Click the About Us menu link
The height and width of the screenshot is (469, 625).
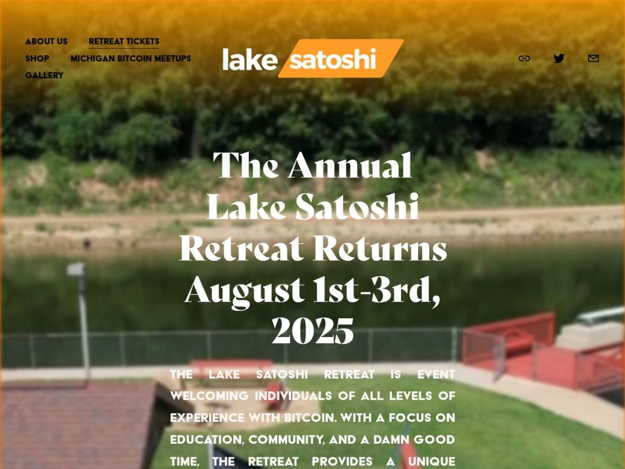46,42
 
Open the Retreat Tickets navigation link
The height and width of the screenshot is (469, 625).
124,42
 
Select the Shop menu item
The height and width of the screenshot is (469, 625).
37,59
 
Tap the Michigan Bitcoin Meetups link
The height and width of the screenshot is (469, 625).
131,59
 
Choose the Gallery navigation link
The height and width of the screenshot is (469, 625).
44,75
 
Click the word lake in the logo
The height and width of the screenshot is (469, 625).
250,59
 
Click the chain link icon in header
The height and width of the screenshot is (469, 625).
524,59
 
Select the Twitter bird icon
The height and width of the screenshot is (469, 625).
559,59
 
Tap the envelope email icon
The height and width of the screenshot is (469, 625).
593,59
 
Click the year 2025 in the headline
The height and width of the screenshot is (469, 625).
312,332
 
